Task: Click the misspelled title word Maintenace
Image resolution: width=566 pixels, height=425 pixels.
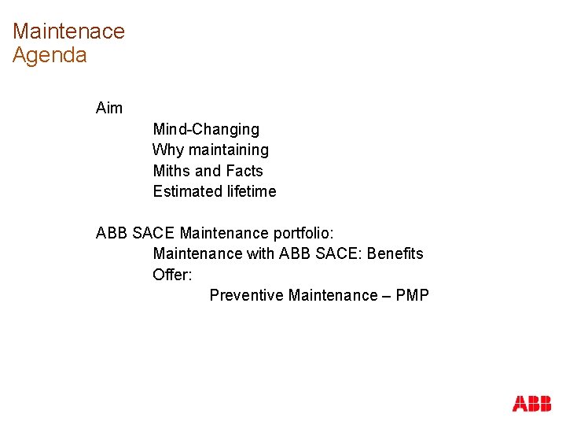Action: [68, 31]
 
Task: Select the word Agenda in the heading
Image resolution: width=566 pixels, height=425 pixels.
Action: [50, 56]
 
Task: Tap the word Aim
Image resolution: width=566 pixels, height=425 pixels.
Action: [109, 108]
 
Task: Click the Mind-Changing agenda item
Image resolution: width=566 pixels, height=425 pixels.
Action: [206, 129]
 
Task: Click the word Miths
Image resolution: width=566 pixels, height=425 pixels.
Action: [171, 171]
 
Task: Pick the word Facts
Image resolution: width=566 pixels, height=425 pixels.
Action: [244, 171]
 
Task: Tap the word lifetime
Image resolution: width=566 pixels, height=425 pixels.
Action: [250, 191]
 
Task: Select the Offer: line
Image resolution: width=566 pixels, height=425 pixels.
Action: [172, 275]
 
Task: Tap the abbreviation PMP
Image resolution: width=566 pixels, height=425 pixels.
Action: [413, 295]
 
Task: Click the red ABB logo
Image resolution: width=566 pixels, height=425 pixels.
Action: [531, 404]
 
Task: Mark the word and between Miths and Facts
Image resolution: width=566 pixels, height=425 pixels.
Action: [208, 171]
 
